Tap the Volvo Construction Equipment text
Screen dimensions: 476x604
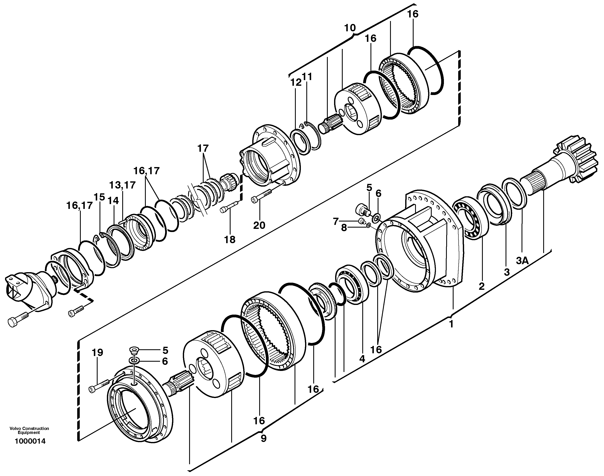click(x=29, y=431)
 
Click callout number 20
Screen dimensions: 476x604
click(x=259, y=225)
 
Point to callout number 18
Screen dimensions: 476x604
click(x=230, y=239)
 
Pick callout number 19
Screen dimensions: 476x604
click(x=97, y=353)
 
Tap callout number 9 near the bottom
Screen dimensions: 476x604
click(x=264, y=439)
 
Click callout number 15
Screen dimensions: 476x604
click(x=99, y=197)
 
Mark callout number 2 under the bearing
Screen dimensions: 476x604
click(x=482, y=286)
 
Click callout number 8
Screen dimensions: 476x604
click(x=344, y=228)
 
